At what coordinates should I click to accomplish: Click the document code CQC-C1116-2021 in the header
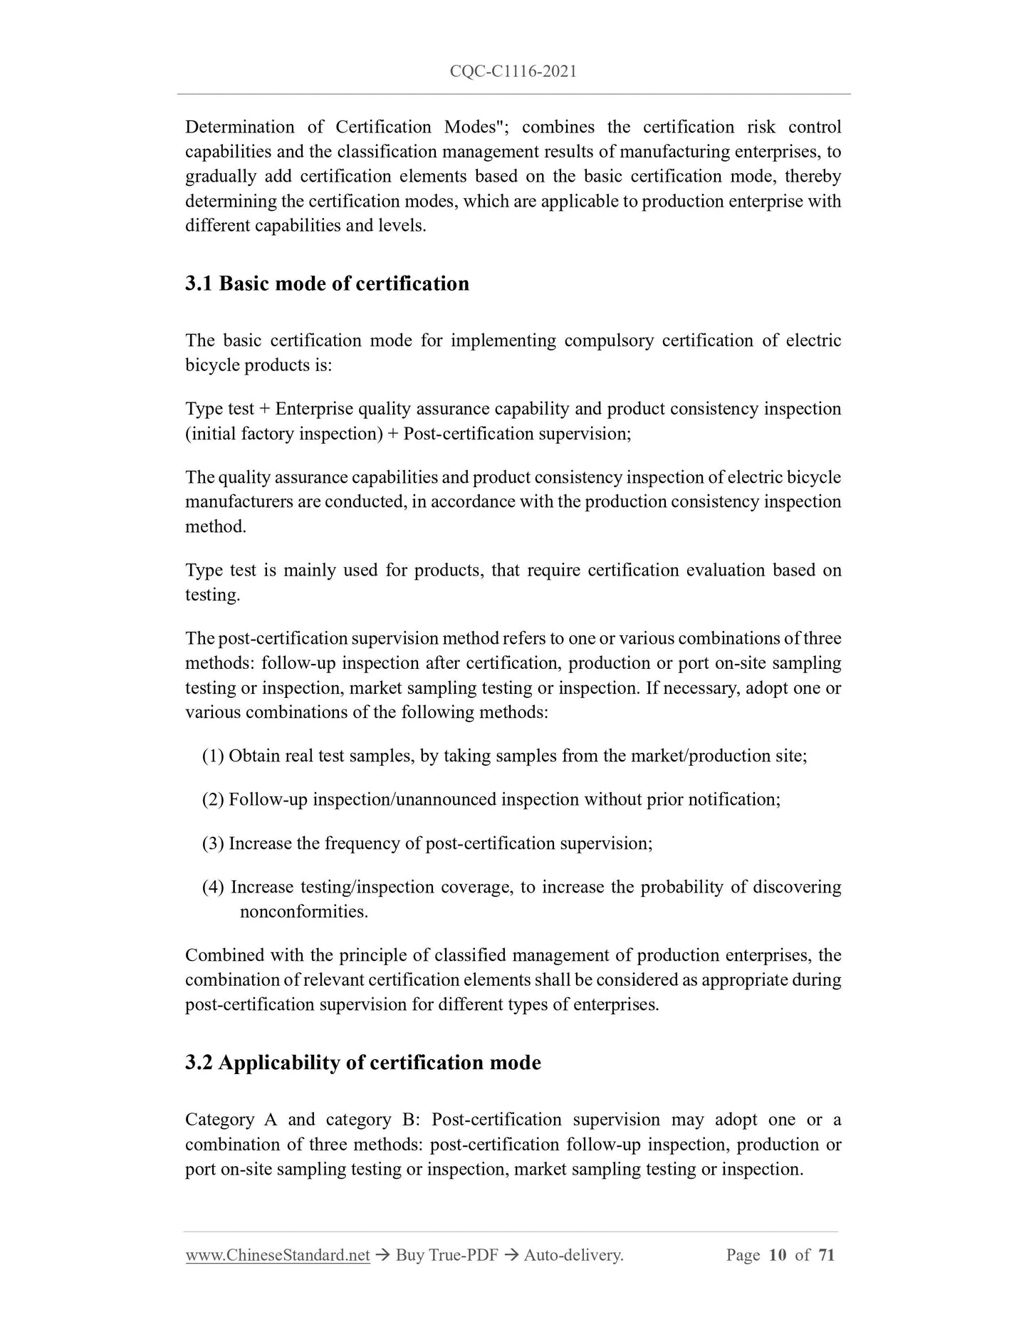click(513, 71)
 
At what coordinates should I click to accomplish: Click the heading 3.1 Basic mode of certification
click(327, 283)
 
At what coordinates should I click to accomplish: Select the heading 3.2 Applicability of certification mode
click(362, 1062)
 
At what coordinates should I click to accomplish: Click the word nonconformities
click(304, 912)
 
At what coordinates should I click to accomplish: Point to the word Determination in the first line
click(239, 127)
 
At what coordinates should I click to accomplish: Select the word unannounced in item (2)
click(446, 799)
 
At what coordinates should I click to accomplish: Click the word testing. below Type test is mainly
click(213, 595)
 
